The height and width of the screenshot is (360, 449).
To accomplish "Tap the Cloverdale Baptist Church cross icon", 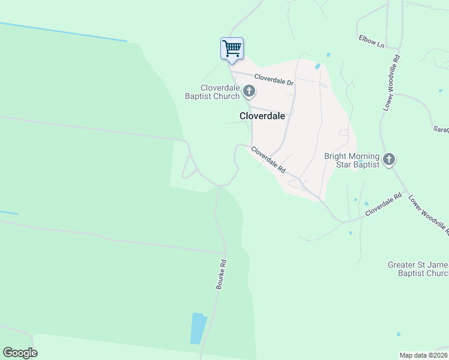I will click(x=249, y=92).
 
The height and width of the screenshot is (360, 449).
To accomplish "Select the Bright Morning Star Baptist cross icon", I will click(x=389, y=160).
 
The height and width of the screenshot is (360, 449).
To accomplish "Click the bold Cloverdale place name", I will click(x=262, y=116).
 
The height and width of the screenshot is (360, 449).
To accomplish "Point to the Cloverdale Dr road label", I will click(x=273, y=79).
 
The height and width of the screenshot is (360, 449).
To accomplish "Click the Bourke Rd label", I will click(x=221, y=274).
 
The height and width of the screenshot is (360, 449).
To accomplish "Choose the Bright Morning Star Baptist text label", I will click(x=352, y=160).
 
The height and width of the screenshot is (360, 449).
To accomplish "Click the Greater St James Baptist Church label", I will click(x=418, y=269).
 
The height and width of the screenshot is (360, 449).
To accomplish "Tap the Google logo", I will click(x=20, y=353).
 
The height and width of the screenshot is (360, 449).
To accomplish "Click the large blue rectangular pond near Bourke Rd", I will click(x=197, y=328).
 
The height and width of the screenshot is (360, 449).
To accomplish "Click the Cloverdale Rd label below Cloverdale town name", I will click(x=268, y=160).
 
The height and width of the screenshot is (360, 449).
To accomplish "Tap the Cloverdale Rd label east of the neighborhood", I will click(x=383, y=204).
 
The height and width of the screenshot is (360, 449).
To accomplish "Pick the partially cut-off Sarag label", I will click(x=441, y=129).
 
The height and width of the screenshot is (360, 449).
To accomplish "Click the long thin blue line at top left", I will click(x=63, y=32).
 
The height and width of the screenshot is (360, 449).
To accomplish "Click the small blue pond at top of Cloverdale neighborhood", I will click(x=318, y=66).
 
